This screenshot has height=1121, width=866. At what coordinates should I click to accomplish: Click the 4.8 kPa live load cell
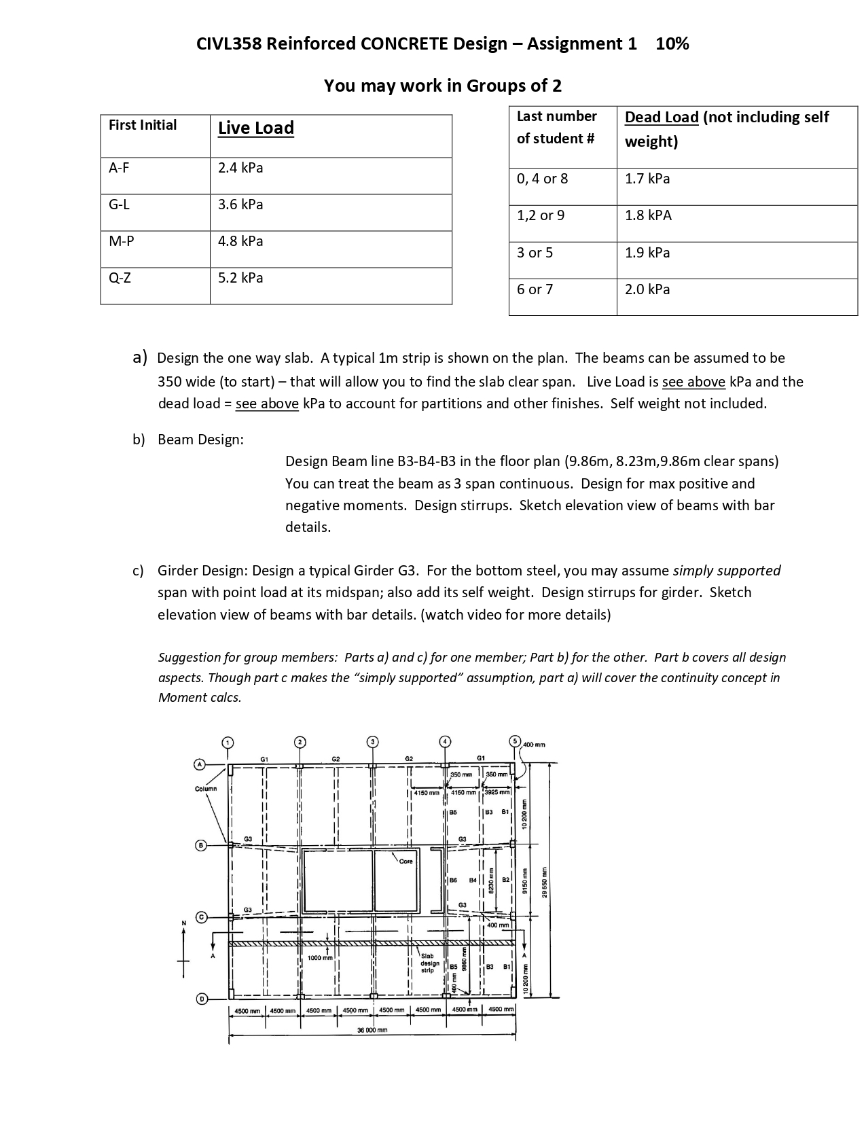tap(240, 241)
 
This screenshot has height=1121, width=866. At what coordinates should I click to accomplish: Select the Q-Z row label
tap(120, 278)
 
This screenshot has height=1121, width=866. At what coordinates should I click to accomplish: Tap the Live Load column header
tap(255, 128)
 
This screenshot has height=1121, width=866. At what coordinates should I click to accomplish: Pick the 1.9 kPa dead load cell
tap(647, 253)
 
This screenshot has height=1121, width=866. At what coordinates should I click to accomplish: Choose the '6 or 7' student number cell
tap(535, 289)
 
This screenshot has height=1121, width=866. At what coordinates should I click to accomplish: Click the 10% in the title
tap(672, 44)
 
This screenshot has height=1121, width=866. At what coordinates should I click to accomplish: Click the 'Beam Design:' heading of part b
tap(200, 440)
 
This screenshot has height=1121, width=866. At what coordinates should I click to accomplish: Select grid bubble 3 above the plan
tap(372, 741)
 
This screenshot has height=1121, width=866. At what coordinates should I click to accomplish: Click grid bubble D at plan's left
tap(201, 999)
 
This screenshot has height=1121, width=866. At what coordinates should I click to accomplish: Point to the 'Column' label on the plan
tap(206, 789)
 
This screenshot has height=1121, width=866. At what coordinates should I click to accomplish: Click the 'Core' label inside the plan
tap(405, 861)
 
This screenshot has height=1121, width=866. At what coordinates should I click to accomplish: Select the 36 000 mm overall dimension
tap(372, 1030)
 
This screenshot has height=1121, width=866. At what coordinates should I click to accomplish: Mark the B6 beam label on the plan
tap(453, 880)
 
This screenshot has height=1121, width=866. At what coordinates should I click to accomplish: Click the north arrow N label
tap(183, 923)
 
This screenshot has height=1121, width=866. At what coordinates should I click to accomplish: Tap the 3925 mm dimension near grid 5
tap(497, 792)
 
